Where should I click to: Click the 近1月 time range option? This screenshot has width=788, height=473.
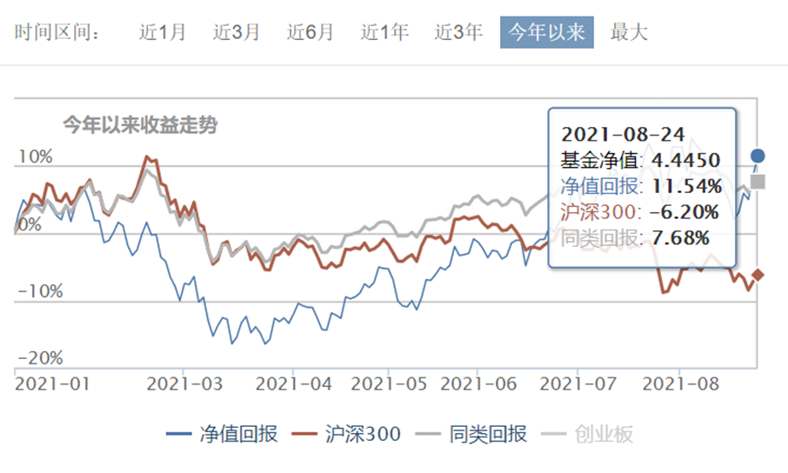pos(163,33)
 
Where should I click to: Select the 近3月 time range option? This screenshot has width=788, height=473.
pos(237,33)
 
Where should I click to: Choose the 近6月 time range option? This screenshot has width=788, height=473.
pos(311,33)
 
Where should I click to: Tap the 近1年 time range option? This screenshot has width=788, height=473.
pos(384,33)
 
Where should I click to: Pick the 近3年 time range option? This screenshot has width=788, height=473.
pos(458,33)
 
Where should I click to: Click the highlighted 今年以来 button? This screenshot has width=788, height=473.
pos(547,33)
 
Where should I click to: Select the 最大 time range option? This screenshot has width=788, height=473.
pos(629,33)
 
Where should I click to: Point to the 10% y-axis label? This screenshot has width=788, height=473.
pos(35,157)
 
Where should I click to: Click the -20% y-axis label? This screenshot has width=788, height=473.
pos(38,358)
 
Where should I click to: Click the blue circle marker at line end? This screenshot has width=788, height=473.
pos(758,157)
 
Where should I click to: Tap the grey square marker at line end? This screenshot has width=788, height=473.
pos(758,182)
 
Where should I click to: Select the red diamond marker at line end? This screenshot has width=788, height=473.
pos(758,275)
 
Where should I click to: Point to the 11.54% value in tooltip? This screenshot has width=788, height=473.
pos(687,186)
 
